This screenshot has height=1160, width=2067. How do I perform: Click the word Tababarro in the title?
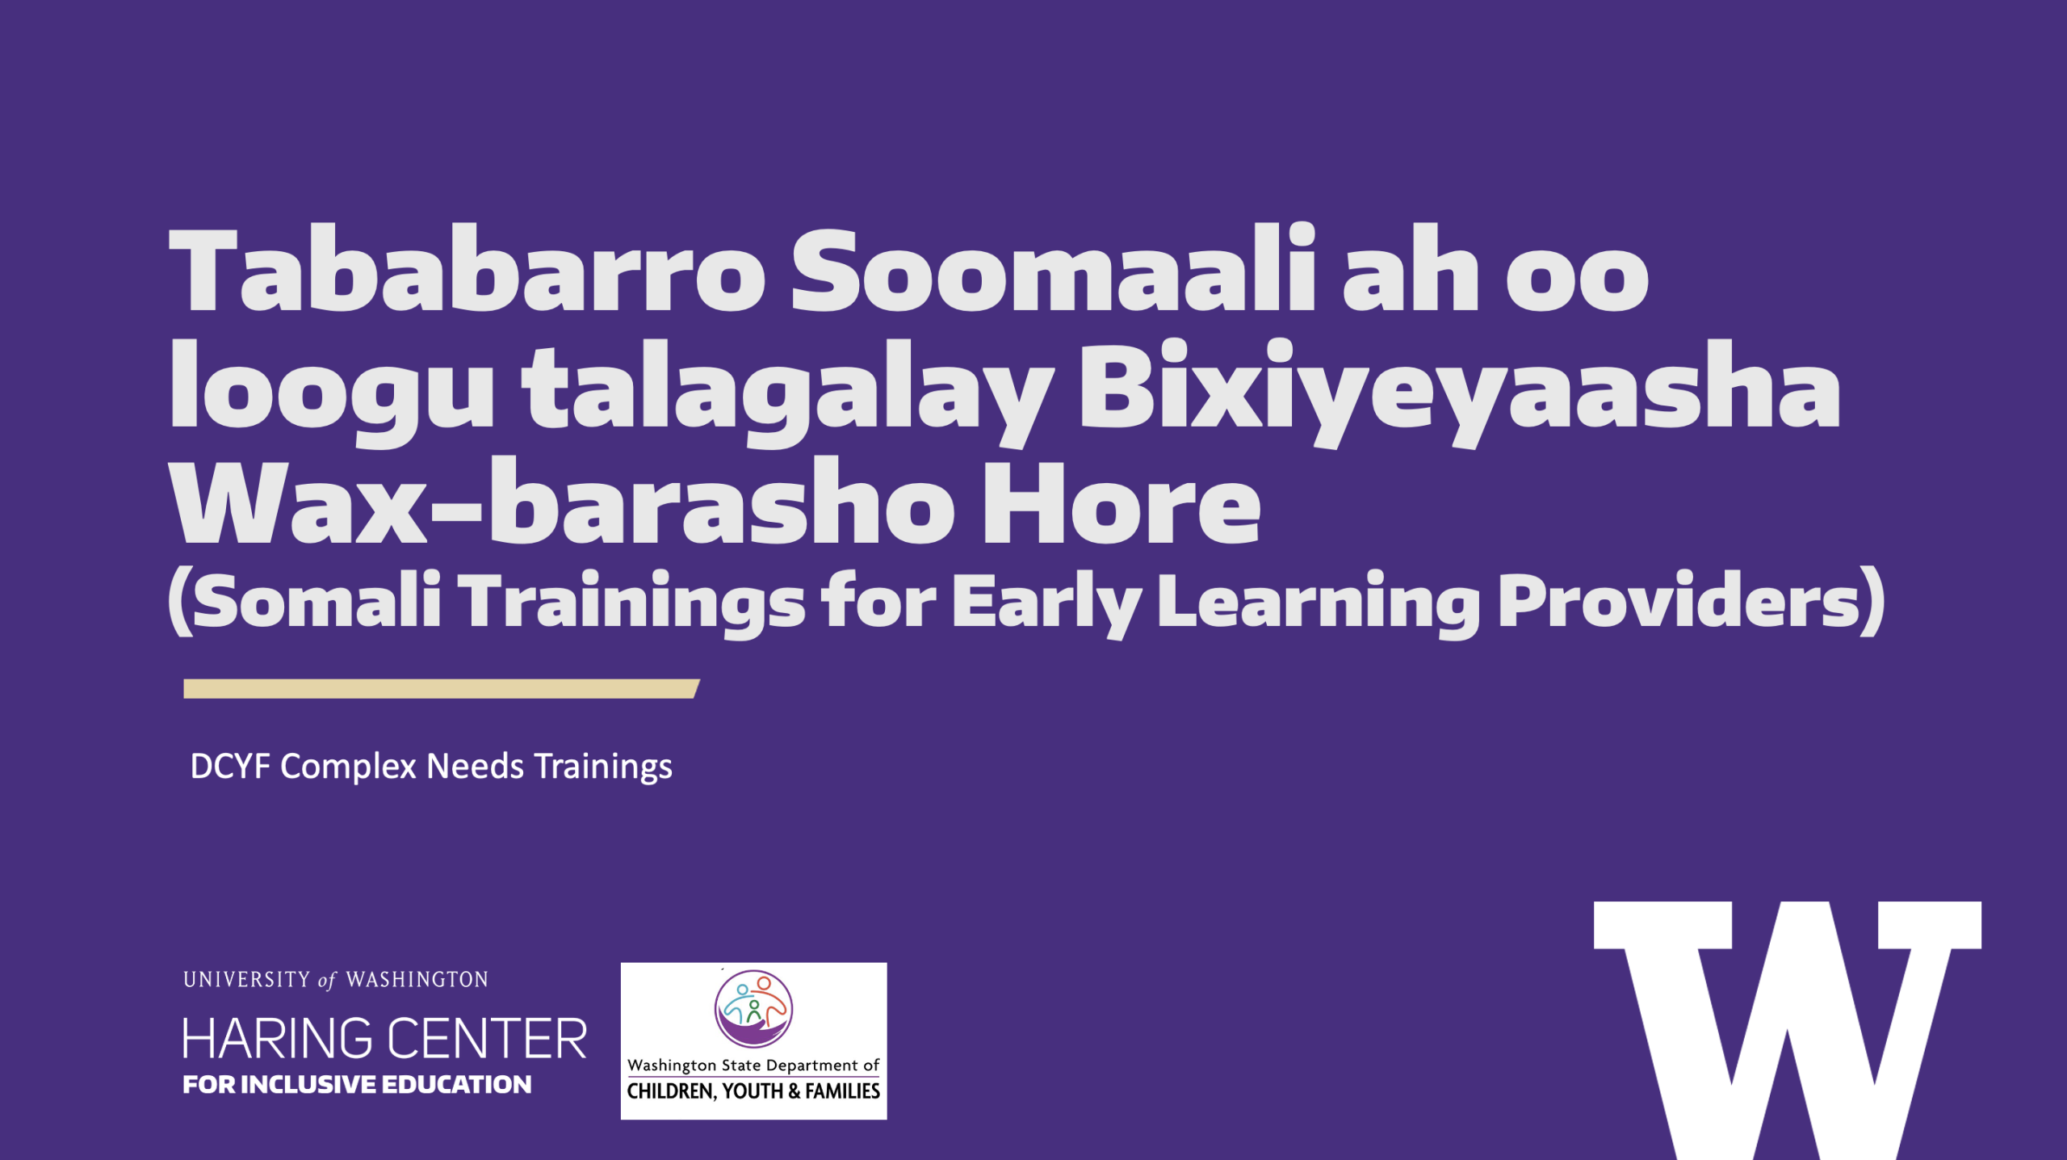pyautogui.click(x=467, y=270)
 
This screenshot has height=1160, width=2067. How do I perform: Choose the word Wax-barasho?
pyautogui.click(x=562, y=501)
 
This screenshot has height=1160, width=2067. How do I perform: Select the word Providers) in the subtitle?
pyautogui.click(x=1692, y=601)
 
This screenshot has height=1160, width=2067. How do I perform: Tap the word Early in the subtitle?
pyautogui.click(x=1047, y=603)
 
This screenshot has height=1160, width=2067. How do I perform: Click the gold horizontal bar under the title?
pyautogui.click(x=442, y=688)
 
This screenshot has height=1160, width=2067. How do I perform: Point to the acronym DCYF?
pyautogui.click(x=230, y=766)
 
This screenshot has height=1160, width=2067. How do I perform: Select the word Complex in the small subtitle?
pyautogui.click(x=348, y=767)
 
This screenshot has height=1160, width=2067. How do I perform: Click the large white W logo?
pyautogui.click(x=1787, y=1030)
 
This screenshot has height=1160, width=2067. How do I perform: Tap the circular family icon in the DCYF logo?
pyautogui.click(x=753, y=1009)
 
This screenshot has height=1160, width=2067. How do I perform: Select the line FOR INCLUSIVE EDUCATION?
pyautogui.click(x=357, y=1084)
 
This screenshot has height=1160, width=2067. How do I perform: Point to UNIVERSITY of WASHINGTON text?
pyautogui.click(x=335, y=980)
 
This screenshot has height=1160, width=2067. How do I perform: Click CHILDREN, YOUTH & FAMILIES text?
pyautogui.click(x=753, y=1091)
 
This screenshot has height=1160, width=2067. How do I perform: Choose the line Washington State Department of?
pyautogui.click(x=753, y=1065)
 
